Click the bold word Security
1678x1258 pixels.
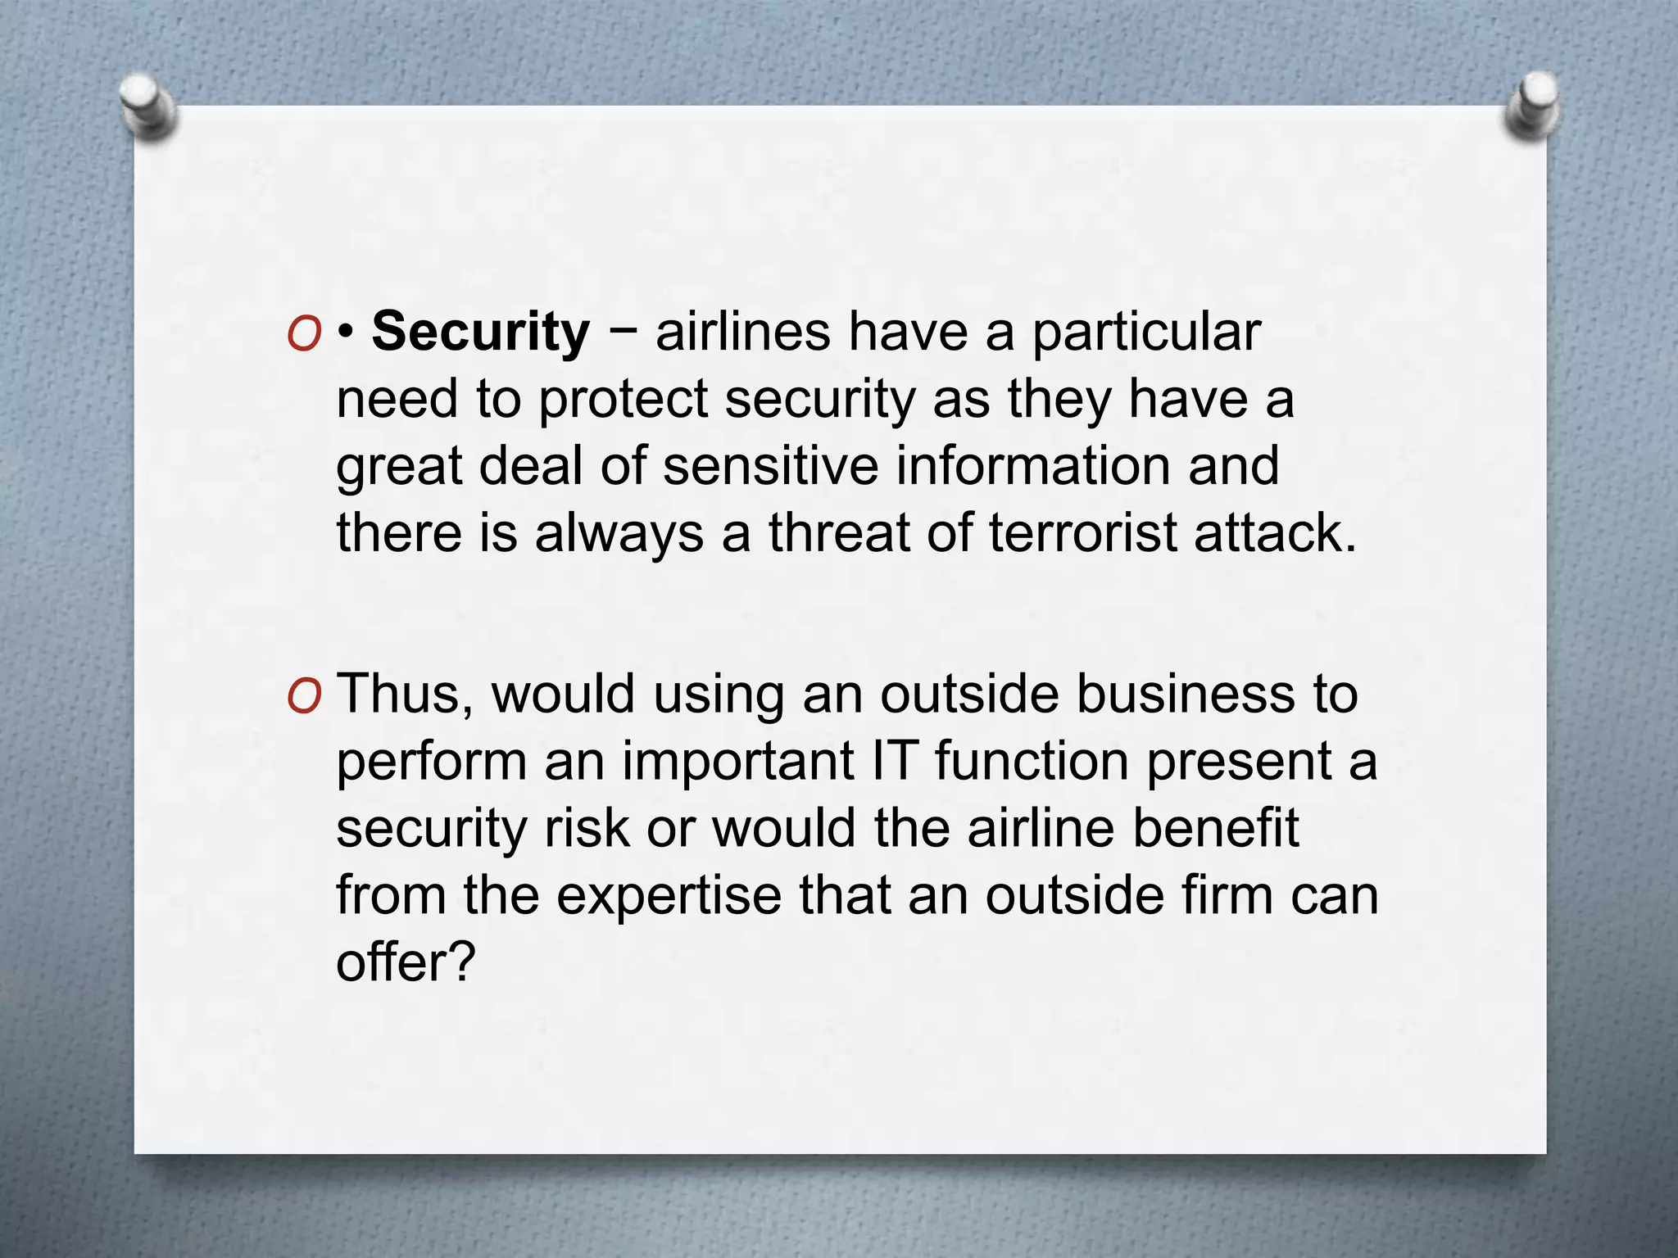480,333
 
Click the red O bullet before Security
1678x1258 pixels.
304,335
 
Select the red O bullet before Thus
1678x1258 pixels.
304,697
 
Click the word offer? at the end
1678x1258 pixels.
406,962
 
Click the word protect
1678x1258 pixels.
623,400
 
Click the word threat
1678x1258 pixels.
839,533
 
